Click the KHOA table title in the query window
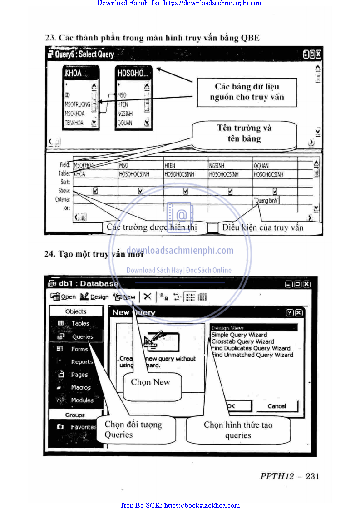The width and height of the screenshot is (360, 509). tap(74, 73)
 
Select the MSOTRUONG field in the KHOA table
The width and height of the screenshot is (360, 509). tap(77, 104)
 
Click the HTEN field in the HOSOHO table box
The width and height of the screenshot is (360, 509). tap(123, 104)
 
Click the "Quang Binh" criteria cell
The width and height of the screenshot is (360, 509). tap(266, 200)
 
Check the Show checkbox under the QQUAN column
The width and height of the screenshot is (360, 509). tap(275, 191)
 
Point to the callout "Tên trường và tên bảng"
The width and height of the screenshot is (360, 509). tap(244, 133)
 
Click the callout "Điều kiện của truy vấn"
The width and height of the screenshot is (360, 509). tap(262, 227)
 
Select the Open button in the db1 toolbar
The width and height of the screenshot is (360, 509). tap(64, 297)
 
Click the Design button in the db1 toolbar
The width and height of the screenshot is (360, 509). tap(94, 297)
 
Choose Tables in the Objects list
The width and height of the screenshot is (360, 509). tap(80, 323)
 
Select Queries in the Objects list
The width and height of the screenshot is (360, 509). tap(82, 337)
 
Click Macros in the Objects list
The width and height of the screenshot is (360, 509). tap(81, 387)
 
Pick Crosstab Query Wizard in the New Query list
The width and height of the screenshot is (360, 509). tap(243, 341)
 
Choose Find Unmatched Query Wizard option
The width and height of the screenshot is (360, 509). tap(252, 355)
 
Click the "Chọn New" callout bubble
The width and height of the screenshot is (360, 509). tap(150, 382)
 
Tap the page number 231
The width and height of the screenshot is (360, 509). tap(312, 476)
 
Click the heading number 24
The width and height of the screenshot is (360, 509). tap(49, 254)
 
